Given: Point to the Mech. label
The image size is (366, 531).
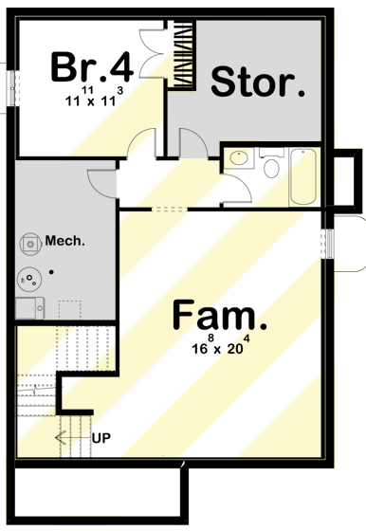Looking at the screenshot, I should click(65, 242).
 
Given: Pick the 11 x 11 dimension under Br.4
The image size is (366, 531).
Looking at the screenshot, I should click(94, 96).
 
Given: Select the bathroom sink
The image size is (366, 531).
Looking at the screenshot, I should click(239, 157).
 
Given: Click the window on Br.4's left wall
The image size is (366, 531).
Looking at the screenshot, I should click(12, 88).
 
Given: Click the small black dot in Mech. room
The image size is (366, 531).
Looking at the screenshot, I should click(51, 271).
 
